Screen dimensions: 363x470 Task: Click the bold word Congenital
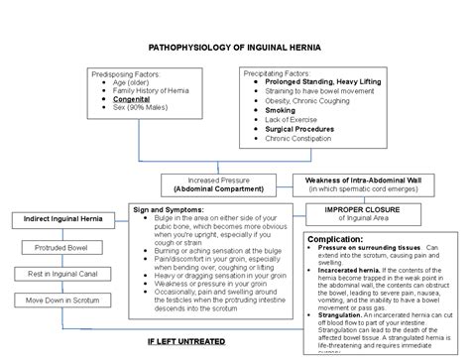click(x=133, y=98)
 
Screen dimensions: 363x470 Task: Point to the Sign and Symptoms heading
click(x=168, y=210)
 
